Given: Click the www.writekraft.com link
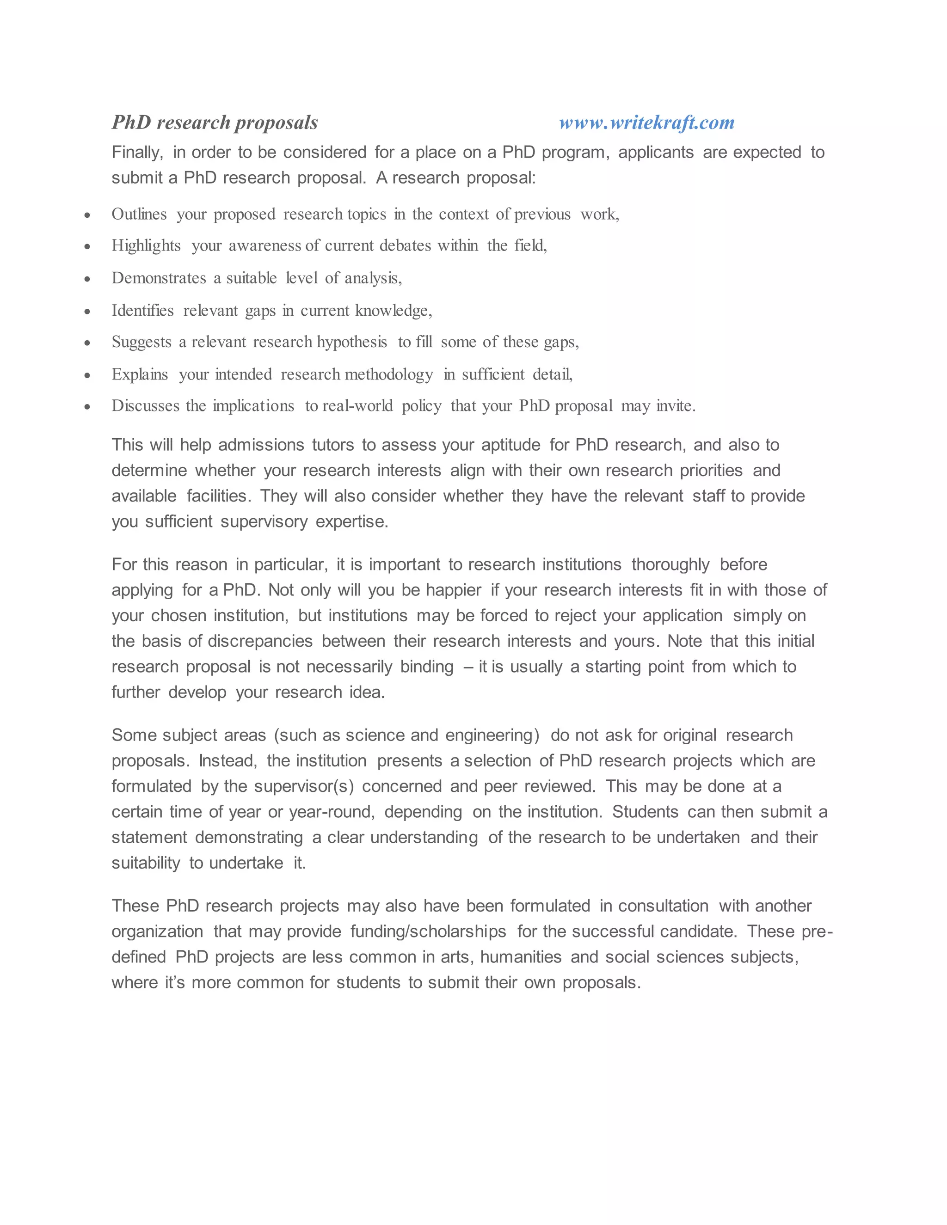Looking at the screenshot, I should (646, 122).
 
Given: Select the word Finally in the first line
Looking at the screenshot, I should (136, 152).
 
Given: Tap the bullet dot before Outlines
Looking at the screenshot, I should (87, 215).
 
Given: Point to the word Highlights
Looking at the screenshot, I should (146, 245).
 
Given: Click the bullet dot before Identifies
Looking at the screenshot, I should (87, 311).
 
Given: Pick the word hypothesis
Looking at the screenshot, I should (352, 342).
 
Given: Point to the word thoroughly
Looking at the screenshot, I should (670, 564).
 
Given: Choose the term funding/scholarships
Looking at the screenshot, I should (428, 931).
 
